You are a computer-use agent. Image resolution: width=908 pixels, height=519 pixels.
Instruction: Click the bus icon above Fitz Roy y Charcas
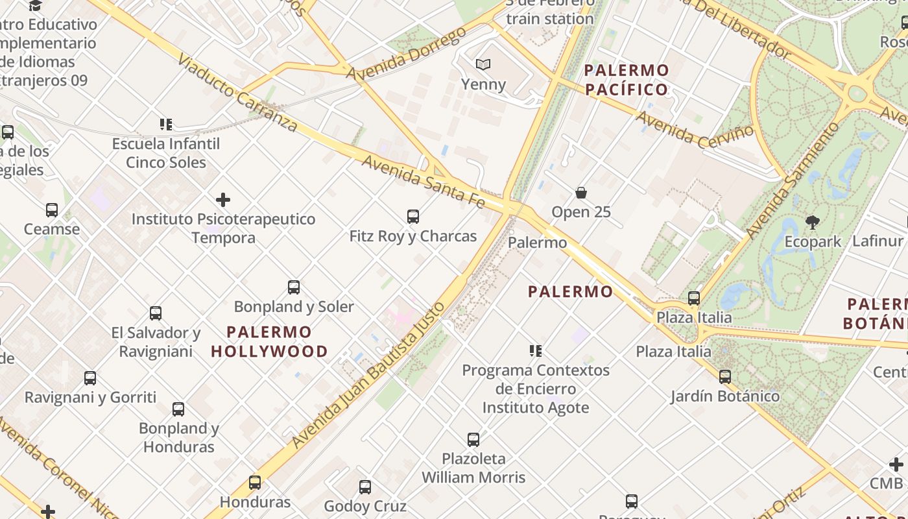(412, 217)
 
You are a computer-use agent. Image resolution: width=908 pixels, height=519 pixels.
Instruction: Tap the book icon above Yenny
(483, 64)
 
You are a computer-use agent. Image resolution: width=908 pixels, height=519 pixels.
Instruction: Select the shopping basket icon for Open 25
(581, 193)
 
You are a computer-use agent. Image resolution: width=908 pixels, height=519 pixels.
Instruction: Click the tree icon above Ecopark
(812, 223)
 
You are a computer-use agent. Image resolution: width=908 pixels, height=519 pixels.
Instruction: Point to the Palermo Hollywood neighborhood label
(269, 342)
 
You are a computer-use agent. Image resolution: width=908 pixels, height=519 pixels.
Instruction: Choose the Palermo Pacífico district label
(627, 80)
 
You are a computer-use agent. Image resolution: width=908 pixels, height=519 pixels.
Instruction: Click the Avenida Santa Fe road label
(423, 181)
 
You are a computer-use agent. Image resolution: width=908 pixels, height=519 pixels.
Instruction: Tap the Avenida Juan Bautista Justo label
(368, 376)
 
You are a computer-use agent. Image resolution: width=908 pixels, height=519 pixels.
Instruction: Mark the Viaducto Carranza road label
(237, 93)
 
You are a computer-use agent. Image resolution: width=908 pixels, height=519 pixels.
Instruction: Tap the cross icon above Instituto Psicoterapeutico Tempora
(223, 200)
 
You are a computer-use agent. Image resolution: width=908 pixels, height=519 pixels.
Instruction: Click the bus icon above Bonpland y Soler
(294, 287)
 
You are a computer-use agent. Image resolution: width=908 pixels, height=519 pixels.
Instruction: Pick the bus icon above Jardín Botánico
(725, 377)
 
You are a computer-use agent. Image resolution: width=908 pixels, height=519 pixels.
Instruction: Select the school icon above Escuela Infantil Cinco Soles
(166, 125)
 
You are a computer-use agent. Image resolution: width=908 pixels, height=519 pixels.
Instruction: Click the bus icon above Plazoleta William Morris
(473, 440)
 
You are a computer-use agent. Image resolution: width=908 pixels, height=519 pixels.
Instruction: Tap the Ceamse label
(52, 229)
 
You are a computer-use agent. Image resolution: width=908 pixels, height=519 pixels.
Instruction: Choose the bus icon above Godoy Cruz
(365, 487)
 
